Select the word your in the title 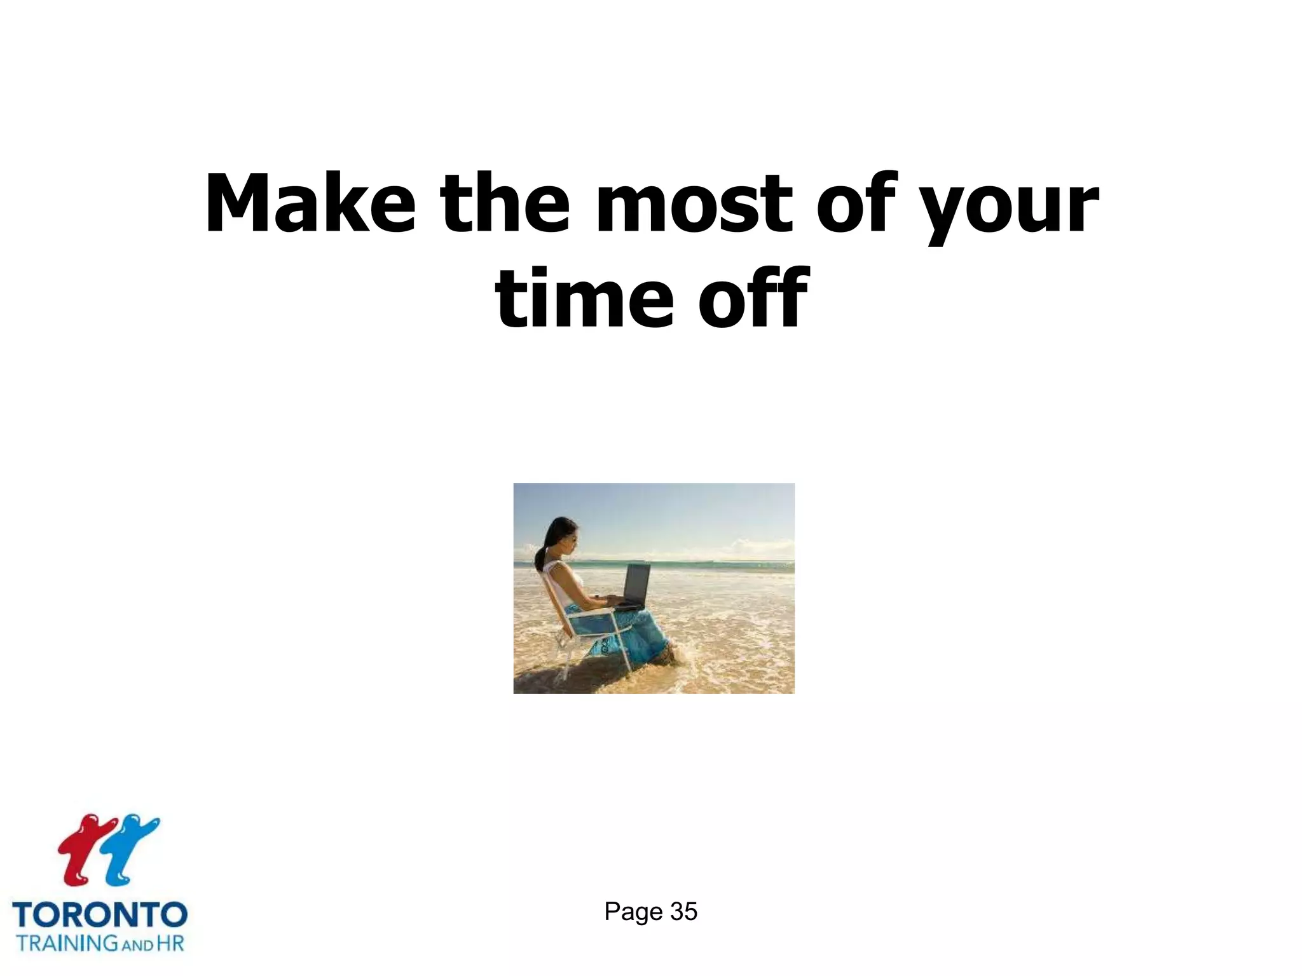(x=1011, y=207)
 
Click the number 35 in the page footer (x=683, y=912)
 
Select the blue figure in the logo (x=131, y=848)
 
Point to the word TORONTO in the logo (x=100, y=916)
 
